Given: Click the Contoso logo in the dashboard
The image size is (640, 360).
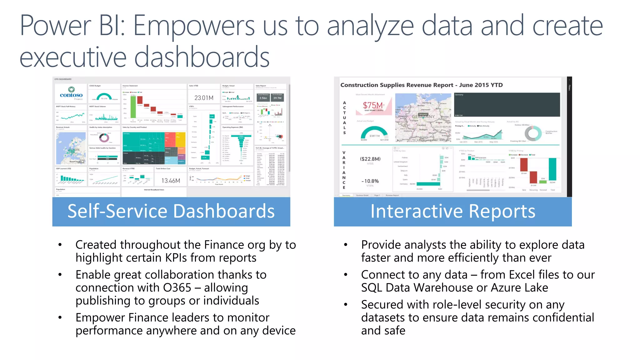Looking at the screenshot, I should pos(71,93).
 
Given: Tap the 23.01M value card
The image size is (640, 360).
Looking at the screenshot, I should pos(204,98).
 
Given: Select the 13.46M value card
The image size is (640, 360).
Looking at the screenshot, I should pos(171,181).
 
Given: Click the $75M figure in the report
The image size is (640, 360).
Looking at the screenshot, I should pos(373,105).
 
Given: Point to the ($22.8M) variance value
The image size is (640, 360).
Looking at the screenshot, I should pos(370,159).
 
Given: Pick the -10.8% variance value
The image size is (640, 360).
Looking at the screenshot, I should pos(370,181).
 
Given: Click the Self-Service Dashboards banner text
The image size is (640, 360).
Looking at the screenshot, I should pos(171,211).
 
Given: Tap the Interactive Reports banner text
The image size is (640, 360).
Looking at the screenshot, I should pos(452,211).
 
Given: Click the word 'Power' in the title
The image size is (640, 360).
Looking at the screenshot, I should pos(56,26).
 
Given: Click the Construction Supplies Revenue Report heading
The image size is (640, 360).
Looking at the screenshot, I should pos(421,85).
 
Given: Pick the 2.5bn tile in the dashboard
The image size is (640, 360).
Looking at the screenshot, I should pos(263,98).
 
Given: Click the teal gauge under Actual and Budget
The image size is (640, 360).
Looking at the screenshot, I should pos(374,133).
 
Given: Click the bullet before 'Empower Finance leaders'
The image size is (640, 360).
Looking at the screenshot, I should pos(60,317).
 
